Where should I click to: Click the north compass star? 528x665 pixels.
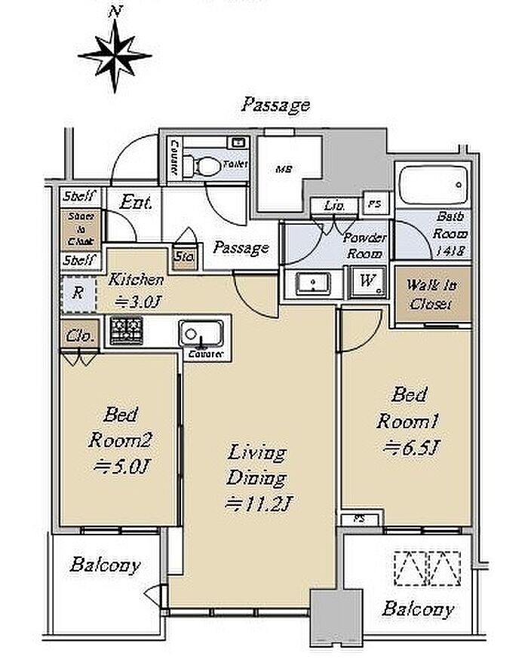pyautogui.click(x=115, y=54)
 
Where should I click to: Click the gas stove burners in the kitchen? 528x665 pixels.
pyautogui.click(x=126, y=330)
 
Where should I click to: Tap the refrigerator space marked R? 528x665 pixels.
pyautogui.click(x=78, y=293)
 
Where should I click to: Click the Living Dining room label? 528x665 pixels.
pyautogui.click(x=258, y=465)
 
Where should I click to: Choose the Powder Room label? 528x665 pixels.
pyautogui.click(x=365, y=246)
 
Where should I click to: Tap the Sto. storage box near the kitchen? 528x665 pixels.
pyautogui.click(x=185, y=258)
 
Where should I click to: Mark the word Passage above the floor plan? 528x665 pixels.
pyautogui.click(x=275, y=105)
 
